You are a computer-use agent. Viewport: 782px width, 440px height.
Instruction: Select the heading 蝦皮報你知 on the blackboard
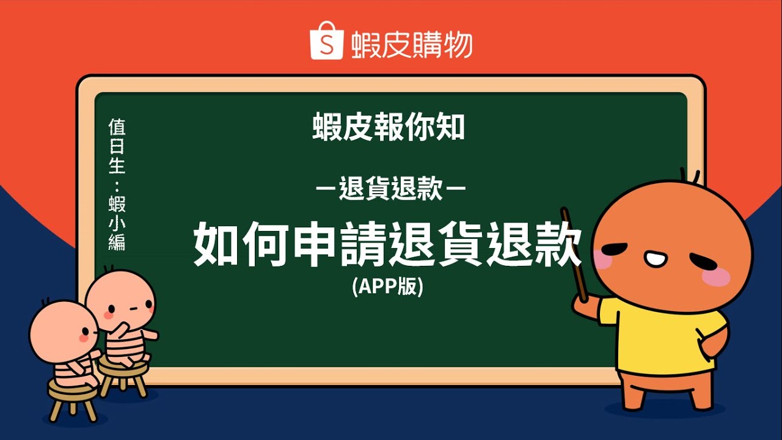(x=389, y=128)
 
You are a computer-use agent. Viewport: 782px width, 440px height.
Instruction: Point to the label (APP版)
(x=387, y=286)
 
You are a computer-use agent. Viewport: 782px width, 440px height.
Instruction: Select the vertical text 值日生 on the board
(x=117, y=147)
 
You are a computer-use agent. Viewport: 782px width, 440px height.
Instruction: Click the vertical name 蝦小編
(x=117, y=223)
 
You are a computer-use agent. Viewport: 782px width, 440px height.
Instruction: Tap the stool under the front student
(x=73, y=397)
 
